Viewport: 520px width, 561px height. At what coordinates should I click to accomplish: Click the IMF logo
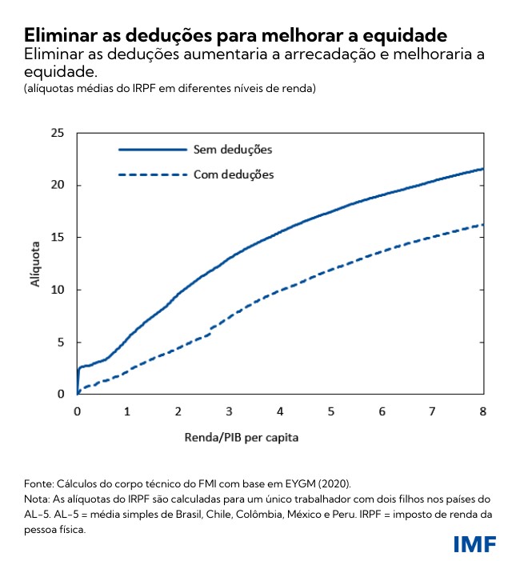474,544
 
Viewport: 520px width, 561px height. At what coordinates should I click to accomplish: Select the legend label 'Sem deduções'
233,150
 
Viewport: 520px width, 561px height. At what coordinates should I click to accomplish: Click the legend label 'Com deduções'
234,174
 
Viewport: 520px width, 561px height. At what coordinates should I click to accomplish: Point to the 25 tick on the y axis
56,133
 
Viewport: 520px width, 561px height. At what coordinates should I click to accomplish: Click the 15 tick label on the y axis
56,238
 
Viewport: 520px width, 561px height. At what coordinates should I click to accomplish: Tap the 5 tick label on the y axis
59,343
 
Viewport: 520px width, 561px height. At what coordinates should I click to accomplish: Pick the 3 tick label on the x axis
229,411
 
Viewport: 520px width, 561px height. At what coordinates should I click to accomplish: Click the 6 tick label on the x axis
382,411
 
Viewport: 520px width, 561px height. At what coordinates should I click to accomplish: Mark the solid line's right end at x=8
482,169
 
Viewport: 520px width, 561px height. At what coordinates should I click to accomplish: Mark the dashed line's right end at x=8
482,225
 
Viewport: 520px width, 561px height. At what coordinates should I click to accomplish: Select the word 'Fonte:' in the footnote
40,483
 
